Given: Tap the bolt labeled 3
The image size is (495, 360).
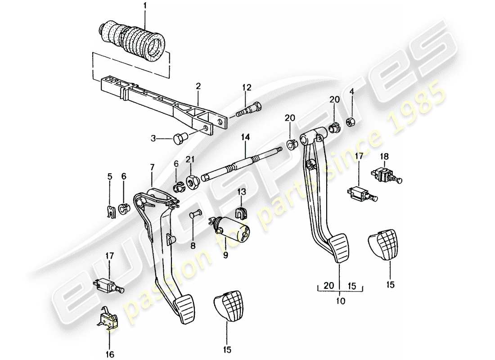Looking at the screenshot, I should (179, 138).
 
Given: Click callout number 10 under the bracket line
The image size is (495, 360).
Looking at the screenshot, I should (340, 301).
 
